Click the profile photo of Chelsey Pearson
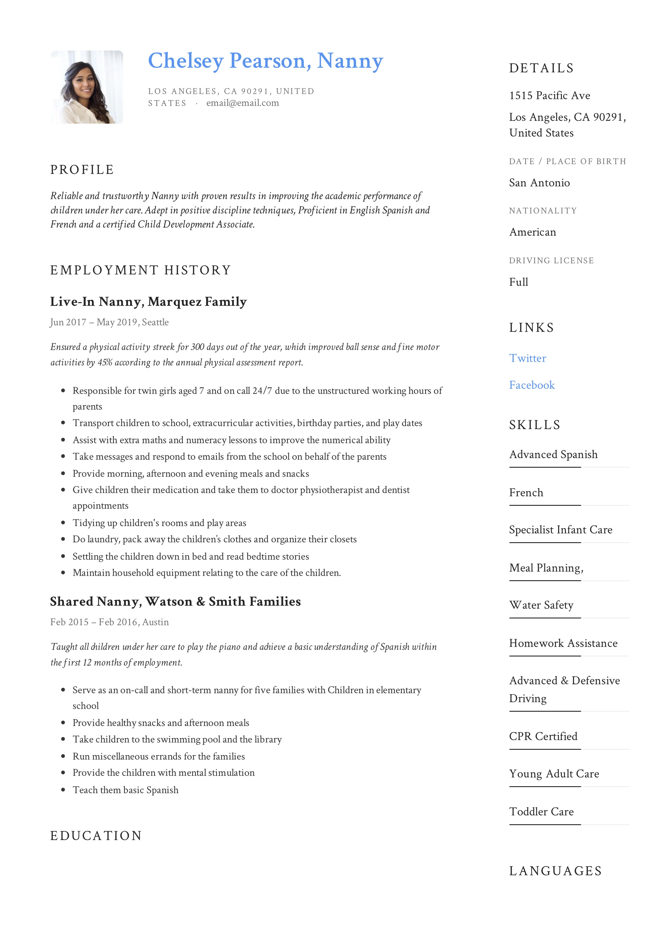click(86, 87)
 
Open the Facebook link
click(531, 385)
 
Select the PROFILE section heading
click(82, 170)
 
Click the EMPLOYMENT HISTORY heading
click(140, 270)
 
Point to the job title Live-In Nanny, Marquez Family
click(148, 302)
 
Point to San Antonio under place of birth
click(539, 183)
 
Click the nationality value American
click(532, 232)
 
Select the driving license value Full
click(518, 282)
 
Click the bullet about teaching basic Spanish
click(125, 790)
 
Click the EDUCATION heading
click(96, 836)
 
